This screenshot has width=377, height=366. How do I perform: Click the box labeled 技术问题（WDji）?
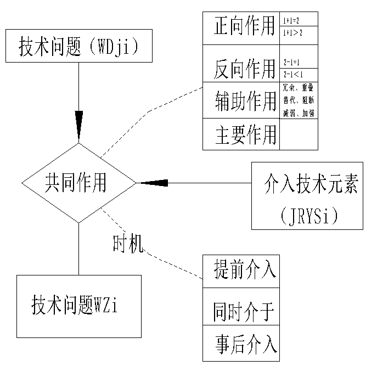tap(78, 46)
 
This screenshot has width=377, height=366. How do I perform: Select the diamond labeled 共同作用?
tap(79, 182)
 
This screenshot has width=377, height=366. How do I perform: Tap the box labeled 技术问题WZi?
tap(78, 306)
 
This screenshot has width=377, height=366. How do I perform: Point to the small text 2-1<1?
tap(292, 74)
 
